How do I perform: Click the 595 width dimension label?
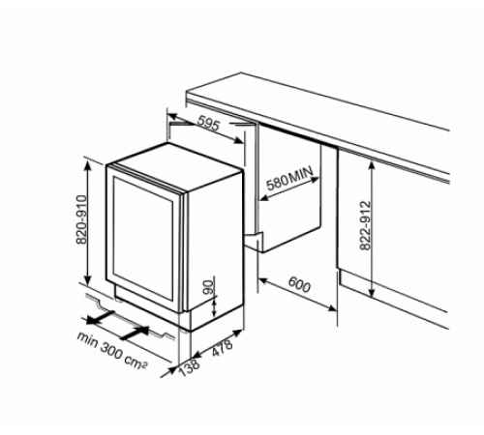pyautogui.click(x=209, y=124)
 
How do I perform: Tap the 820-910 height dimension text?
pyautogui.click(x=81, y=219)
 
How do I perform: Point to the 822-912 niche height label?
pyautogui.click(x=365, y=225)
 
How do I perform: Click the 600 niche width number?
pyautogui.click(x=299, y=284)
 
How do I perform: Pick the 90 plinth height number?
pyautogui.click(x=209, y=287)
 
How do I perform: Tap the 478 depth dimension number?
pyautogui.click(x=222, y=347)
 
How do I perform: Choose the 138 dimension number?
pyautogui.click(x=190, y=367)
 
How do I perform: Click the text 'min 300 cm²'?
pyautogui.click(x=111, y=351)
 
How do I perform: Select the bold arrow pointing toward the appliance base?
pyautogui.click(x=135, y=333)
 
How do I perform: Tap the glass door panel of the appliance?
pyautogui.click(x=143, y=239)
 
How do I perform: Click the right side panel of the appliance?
pyautogui.click(x=215, y=244)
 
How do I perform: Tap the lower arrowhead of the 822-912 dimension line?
pyautogui.click(x=372, y=293)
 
